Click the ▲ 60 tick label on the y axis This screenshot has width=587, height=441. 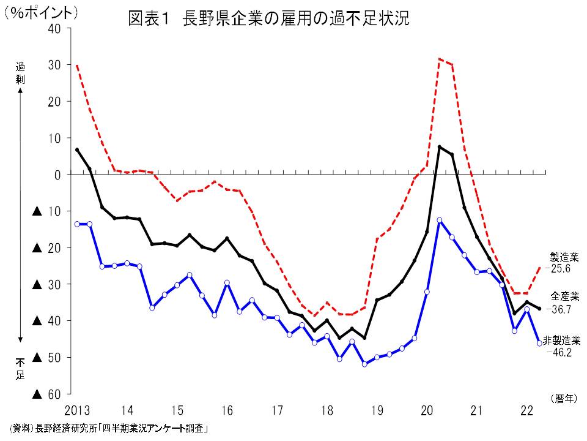pos(46,394)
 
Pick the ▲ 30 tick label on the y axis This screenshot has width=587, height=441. pos(46,284)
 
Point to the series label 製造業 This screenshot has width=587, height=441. pos(563,257)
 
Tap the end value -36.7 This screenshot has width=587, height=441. pos(561,309)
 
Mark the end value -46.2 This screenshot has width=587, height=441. pos(561,353)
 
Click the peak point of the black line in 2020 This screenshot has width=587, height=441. pos(440,147)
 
